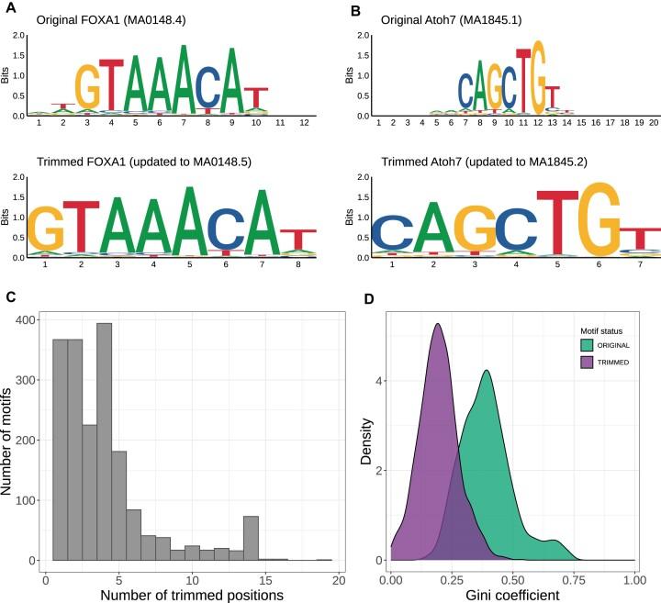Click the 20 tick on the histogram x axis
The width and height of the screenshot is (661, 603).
point(338,578)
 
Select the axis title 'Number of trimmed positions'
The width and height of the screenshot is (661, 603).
point(191,595)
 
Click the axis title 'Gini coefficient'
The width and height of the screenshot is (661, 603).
point(512,595)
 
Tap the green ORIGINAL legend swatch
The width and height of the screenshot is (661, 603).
point(587,345)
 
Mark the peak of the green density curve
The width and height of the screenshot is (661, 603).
point(487,371)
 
